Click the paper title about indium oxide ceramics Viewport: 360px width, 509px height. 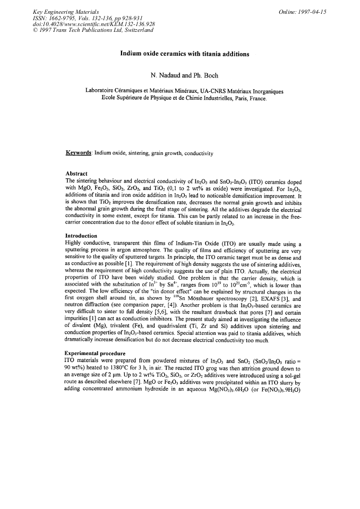(179, 54)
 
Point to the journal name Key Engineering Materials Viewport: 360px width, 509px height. (62, 12)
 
